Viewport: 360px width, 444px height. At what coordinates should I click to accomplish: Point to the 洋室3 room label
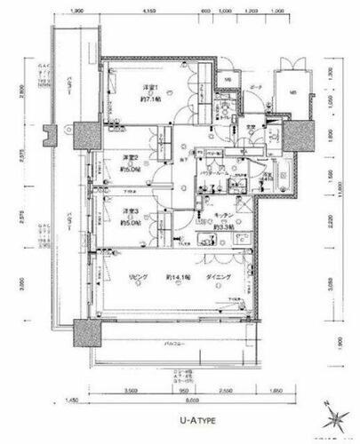(132, 210)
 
